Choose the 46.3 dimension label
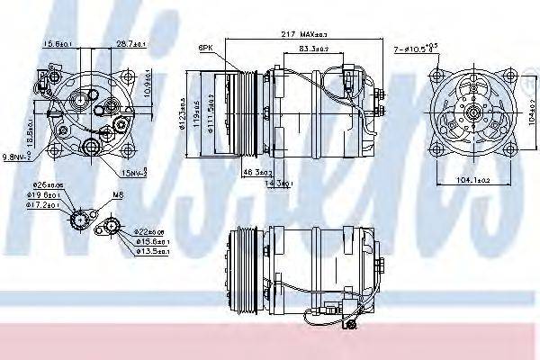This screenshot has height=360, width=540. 233,171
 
